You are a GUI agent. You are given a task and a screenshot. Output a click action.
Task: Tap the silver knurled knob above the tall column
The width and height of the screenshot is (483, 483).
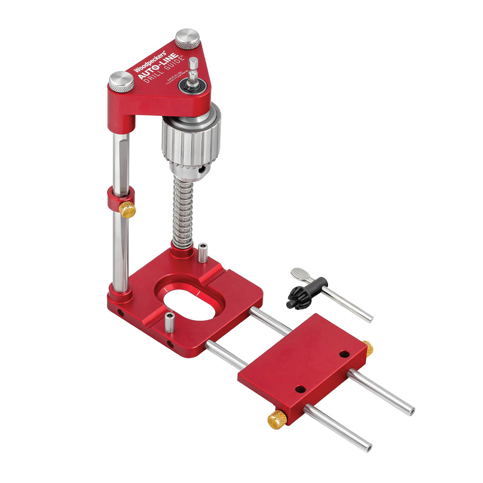(121, 81)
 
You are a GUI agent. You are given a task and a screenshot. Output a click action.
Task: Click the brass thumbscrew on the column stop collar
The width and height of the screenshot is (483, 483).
(127, 210)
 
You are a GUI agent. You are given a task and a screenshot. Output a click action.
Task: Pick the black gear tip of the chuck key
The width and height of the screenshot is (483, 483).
(298, 296)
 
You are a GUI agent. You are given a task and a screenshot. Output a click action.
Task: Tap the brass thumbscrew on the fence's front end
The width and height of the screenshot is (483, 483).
(277, 419)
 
